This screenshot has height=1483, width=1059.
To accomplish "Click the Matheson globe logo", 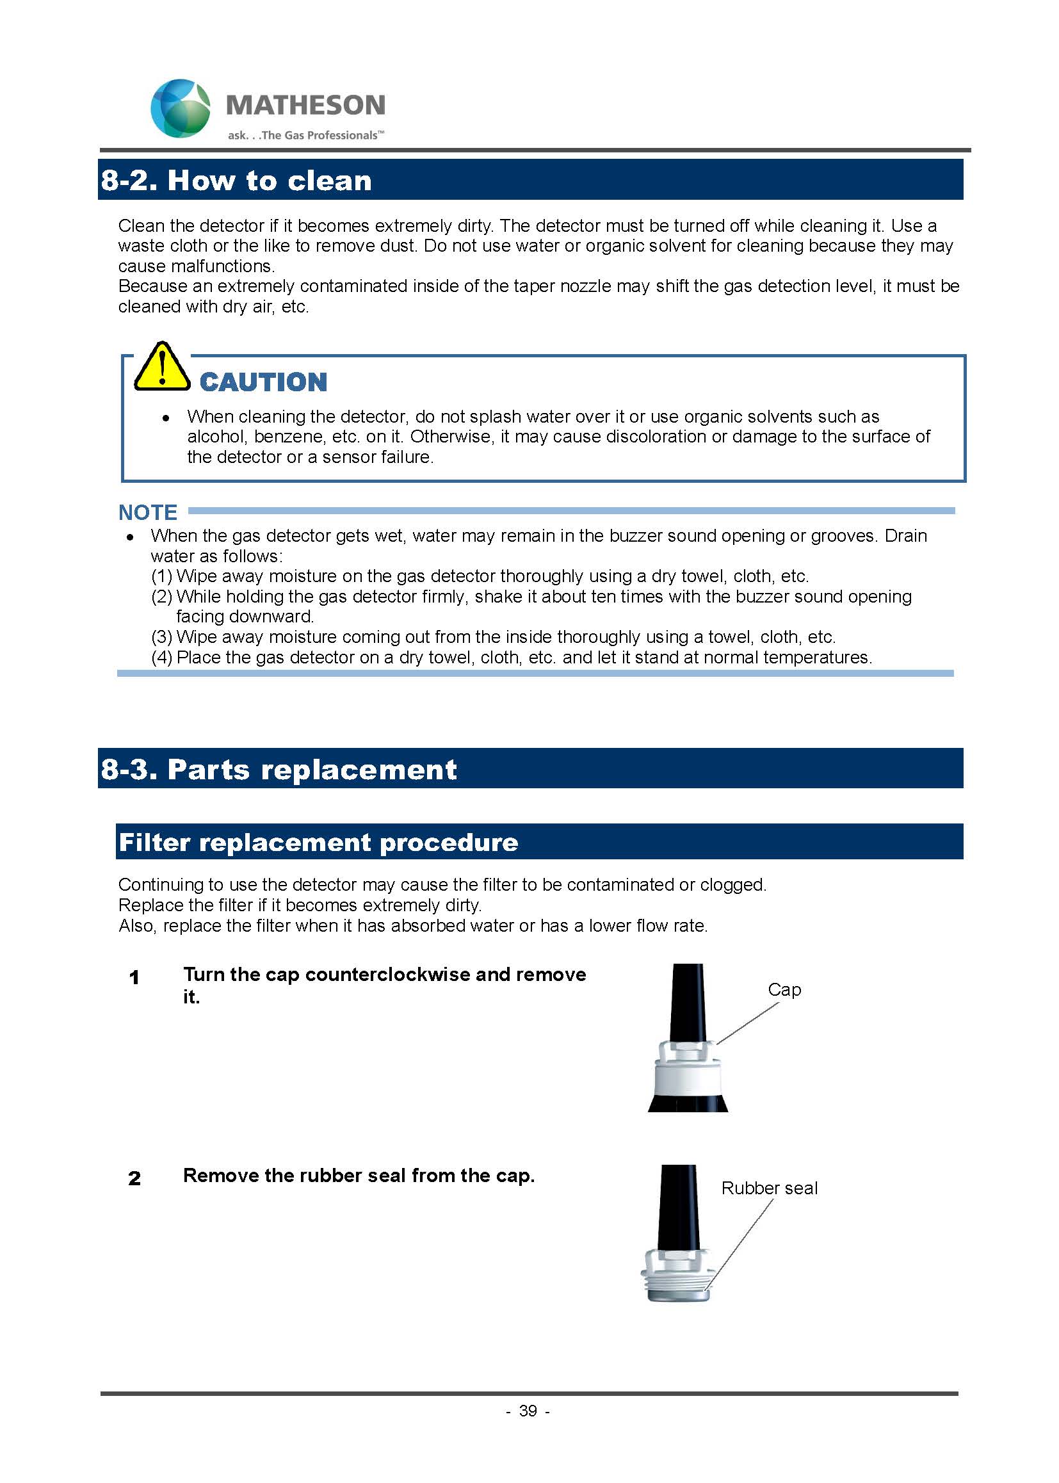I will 181,108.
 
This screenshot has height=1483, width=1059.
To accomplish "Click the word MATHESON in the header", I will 305,105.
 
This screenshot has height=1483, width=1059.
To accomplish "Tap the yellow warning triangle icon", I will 161,367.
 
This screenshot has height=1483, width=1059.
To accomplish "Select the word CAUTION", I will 263,382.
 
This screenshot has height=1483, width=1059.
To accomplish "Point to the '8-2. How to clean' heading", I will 236,181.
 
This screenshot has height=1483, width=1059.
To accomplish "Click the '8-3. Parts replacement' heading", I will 279,770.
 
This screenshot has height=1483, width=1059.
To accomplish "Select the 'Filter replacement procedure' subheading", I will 318,843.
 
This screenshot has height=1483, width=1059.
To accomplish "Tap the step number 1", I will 134,978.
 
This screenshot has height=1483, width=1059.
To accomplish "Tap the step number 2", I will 134,1178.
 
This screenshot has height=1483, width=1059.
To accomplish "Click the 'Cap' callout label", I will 784,990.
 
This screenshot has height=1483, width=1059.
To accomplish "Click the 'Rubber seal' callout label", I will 769,1188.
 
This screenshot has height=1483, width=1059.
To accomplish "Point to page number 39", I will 528,1411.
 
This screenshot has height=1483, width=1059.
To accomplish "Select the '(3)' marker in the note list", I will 162,637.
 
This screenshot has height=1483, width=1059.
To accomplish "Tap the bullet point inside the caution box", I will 166,417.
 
